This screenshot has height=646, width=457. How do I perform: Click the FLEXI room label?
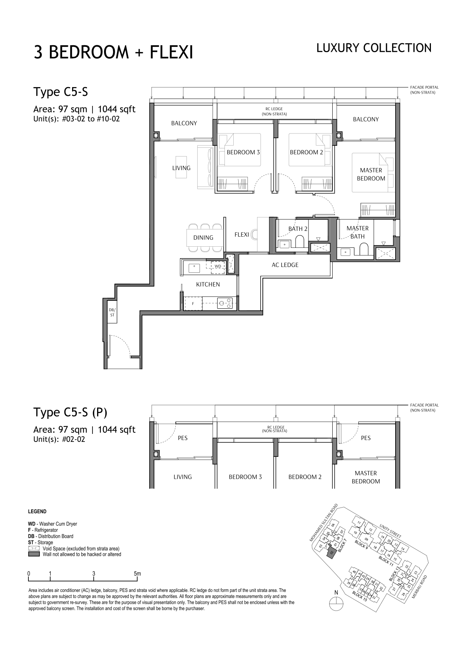tap(241, 234)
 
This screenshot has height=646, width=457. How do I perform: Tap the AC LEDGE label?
tap(285, 265)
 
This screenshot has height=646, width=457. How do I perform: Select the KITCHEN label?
tap(208, 284)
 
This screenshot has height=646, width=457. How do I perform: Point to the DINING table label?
tap(203, 237)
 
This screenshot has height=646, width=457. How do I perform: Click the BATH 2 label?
tap(298, 229)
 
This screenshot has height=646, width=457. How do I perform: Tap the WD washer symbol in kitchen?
tap(218, 267)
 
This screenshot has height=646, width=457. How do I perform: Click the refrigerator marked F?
tap(193, 303)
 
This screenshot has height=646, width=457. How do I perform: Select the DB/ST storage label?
tap(112, 312)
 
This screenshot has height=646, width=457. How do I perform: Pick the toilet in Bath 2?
tap(300, 242)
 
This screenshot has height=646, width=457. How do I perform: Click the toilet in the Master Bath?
tap(364, 249)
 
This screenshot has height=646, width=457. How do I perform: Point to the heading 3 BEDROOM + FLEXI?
tap(113, 52)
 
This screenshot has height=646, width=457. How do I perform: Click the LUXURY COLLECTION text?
tap(374, 48)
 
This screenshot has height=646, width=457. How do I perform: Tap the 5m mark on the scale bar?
tap(138, 573)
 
